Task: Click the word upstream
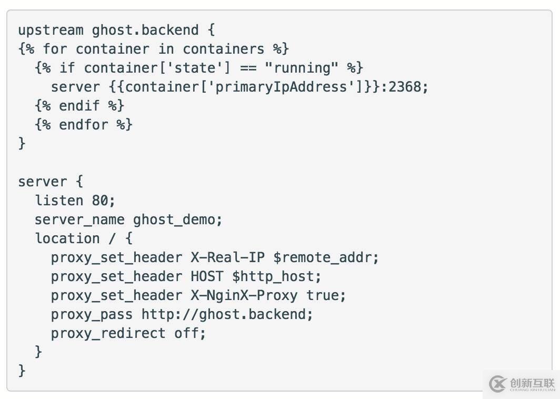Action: pyautogui.click(x=51, y=30)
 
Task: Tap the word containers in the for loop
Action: pyautogui.click(x=223, y=49)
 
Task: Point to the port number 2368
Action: pyautogui.click(x=405, y=87)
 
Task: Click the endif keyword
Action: pyautogui.click(x=79, y=106)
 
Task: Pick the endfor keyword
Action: pyautogui.click(x=83, y=125)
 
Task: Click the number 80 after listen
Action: pyautogui.click(x=103, y=201)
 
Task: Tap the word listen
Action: pyautogui.click(x=59, y=201)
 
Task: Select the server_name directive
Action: pyautogui.click(x=79, y=220)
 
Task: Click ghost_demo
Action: pyautogui.click(x=174, y=220)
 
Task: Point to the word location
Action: pyautogui.click(x=67, y=238)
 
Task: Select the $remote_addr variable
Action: pyautogui.click(x=326, y=257)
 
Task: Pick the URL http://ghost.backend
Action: pyautogui.click(x=227, y=314)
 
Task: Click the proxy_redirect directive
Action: pyautogui.click(x=108, y=333)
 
